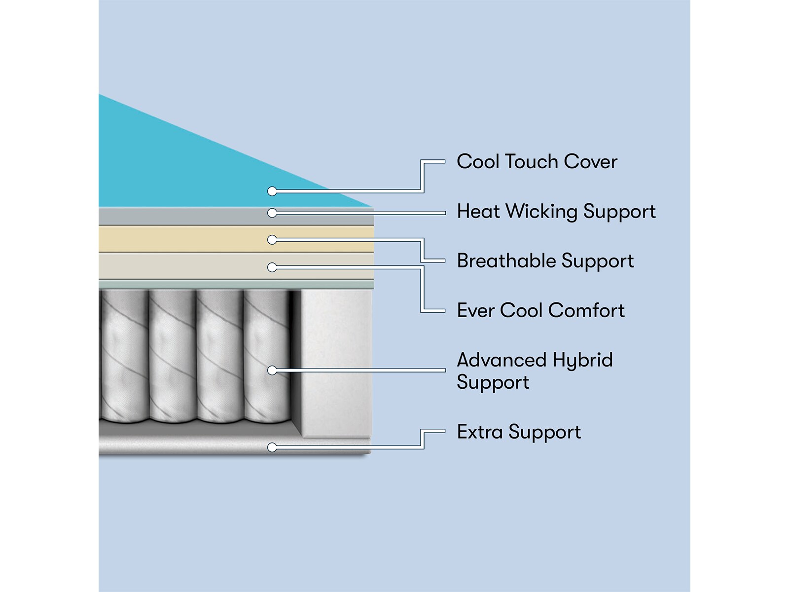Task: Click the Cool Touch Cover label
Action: pos(537,162)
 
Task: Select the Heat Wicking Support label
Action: pos(556,212)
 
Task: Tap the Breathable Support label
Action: pos(545,261)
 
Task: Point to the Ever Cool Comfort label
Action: pos(540,310)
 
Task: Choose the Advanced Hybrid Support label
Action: pos(535,370)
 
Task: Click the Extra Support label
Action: pos(519,432)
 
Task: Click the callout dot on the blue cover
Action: pos(272,191)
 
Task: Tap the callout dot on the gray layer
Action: pos(272,213)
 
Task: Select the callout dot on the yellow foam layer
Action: pos(272,240)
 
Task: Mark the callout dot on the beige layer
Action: pos(272,267)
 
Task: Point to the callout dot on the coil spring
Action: pos(272,370)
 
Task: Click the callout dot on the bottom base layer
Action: pos(272,447)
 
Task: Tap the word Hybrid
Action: pos(582,361)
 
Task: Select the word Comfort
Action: pos(586,310)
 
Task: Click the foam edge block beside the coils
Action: pos(335,363)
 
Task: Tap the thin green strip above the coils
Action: pos(237,284)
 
